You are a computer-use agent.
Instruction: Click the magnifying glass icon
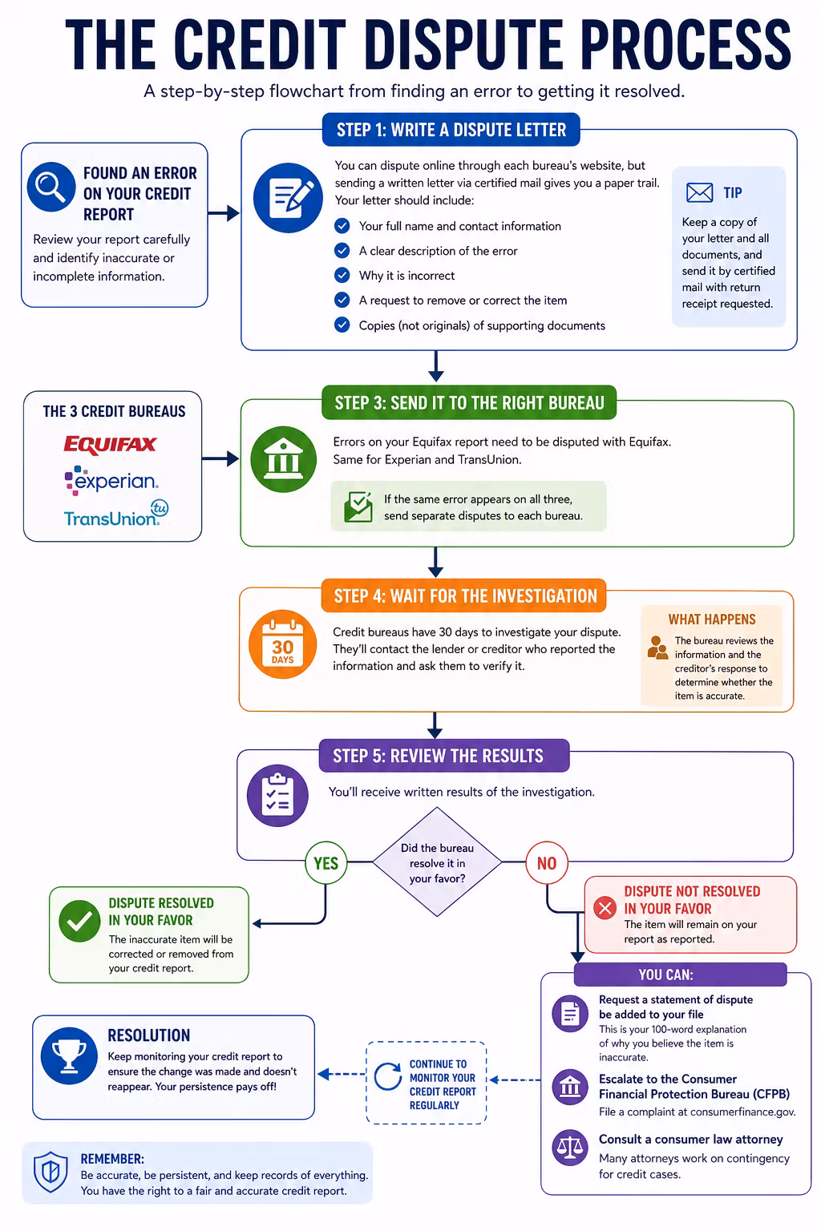pyautogui.click(x=51, y=187)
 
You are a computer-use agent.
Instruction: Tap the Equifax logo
pyautogui.click(x=111, y=445)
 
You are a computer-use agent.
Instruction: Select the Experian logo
pyautogui.click(x=111, y=481)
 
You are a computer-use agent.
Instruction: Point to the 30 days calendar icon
pyautogui.click(x=283, y=644)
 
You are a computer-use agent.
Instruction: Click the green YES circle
pyautogui.click(x=326, y=863)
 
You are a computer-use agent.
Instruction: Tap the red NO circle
pyautogui.click(x=547, y=863)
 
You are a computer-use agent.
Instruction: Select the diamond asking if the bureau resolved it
pyautogui.click(x=437, y=862)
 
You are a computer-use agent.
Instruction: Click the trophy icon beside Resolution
pyautogui.click(x=69, y=1055)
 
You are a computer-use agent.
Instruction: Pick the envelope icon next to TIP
pyautogui.click(x=699, y=193)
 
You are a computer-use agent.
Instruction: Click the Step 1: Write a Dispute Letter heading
pyautogui.click(x=451, y=130)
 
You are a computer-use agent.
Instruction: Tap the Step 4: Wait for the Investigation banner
pyautogui.click(x=464, y=595)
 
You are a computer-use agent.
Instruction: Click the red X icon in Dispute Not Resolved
pyautogui.click(x=605, y=908)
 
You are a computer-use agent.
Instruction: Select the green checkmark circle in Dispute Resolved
pyautogui.click(x=79, y=921)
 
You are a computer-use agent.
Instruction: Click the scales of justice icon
pyautogui.click(x=570, y=1148)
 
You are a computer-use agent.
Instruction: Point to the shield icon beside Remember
pyautogui.click(x=51, y=1172)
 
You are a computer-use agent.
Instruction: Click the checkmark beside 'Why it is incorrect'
pyautogui.click(x=342, y=276)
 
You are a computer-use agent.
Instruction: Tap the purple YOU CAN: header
pyautogui.click(x=681, y=975)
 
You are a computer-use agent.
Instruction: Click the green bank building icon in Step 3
pyautogui.click(x=283, y=459)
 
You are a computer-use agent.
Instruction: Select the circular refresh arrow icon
pyautogui.click(x=388, y=1076)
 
